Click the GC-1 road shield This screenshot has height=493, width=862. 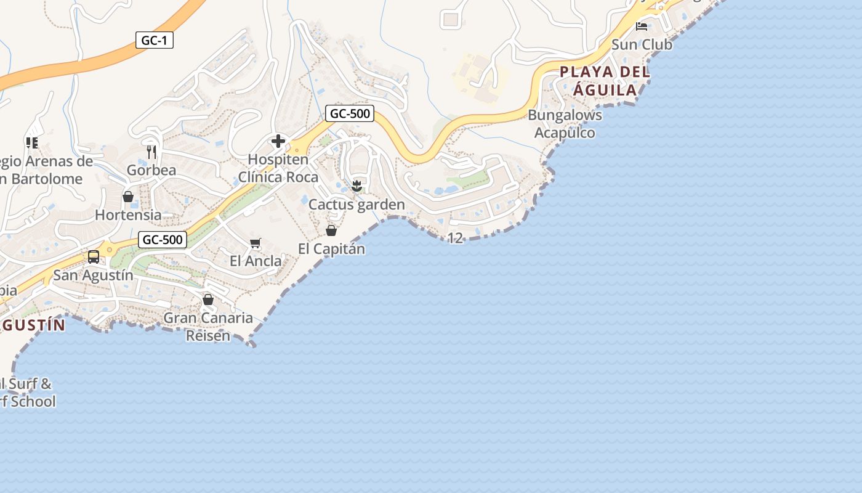coord(155,41)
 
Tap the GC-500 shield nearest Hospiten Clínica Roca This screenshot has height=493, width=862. coord(350,113)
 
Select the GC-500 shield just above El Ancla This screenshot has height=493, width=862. coord(163,240)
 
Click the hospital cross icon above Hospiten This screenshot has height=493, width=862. coord(278,142)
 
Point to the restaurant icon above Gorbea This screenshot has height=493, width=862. coord(151,152)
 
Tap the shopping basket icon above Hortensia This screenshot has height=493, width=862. coord(128,197)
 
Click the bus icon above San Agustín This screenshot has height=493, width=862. coord(94,257)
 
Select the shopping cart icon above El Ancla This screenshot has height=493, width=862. coord(256,243)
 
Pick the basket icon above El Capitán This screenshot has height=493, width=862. coord(331,230)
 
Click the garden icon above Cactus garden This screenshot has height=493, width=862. coord(356,185)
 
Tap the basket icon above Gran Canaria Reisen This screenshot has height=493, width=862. coord(208,299)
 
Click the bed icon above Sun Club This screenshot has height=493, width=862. coord(642,26)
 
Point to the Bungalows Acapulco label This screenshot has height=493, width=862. coord(565,124)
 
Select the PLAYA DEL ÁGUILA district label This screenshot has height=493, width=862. coord(605,81)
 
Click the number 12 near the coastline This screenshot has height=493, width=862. coord(455,238)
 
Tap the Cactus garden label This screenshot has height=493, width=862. coord(356,205)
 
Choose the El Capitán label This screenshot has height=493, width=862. coord(331,249)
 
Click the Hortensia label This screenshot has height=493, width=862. coord(128,215)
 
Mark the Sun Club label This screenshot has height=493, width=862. coord(642,44)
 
